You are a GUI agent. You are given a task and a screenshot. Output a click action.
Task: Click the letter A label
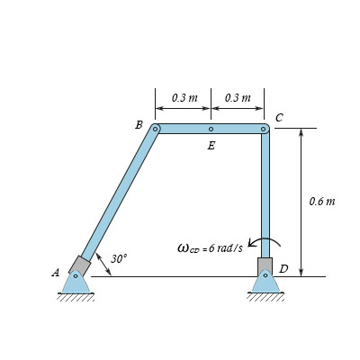(56, 272)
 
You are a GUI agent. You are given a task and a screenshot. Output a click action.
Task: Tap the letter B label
(139, 125)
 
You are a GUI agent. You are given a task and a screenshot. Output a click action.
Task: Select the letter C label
(279, 118)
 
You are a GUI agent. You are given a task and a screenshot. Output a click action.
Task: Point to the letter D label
(283, 269)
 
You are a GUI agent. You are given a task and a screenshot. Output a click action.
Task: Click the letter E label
(211, 146)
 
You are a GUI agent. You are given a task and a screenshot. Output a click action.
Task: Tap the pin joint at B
(156, 130)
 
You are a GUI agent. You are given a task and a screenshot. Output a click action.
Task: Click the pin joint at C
(264, 130)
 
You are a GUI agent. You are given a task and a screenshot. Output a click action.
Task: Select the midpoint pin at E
(211, 130)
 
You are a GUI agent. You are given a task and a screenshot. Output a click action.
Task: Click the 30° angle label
(119, 258)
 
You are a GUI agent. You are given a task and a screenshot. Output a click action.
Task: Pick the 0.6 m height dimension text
(321, 201)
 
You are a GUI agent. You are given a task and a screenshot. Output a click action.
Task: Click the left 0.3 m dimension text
(184, 97)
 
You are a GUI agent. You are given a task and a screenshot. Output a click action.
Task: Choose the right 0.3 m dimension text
(238, 97)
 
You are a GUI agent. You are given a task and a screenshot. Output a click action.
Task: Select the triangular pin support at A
(76, 283)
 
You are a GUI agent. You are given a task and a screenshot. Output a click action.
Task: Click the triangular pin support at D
(265, 283)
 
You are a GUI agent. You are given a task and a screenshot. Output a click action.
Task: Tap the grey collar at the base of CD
(265, 266)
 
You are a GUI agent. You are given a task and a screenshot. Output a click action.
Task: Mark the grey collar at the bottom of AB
(79, 265)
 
